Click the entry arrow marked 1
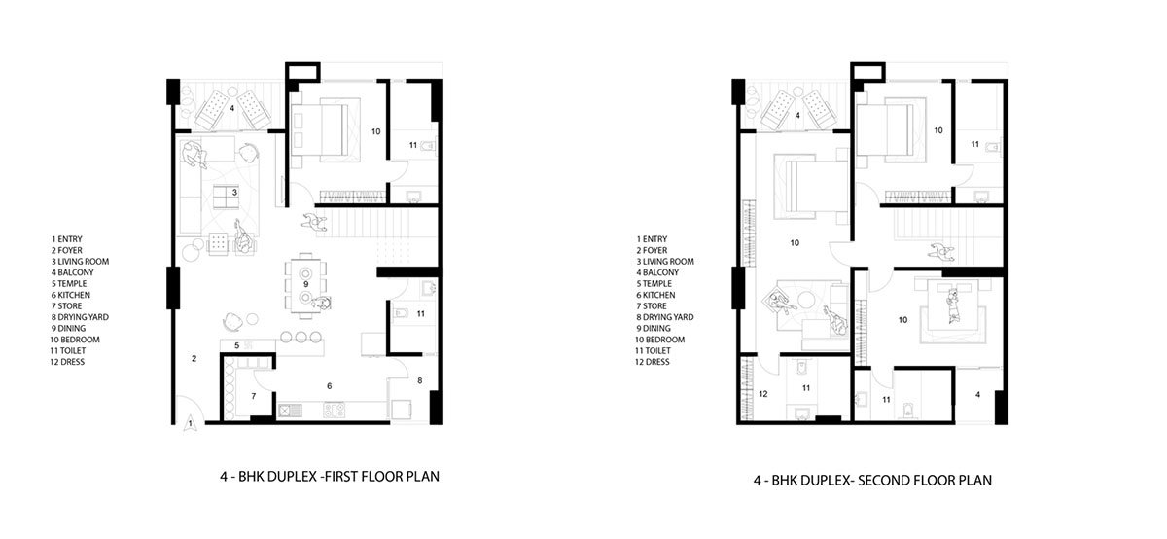tap(190, 424)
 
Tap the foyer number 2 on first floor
tap(194, 359)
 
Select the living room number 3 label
tap(234, 193)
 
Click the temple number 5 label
tap(236, 345)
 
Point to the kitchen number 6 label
tap(330, 386)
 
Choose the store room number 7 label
tap(254, 396)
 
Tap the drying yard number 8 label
tap(420, 381)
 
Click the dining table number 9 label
tap(305, 284)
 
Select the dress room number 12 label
tap(763, 394)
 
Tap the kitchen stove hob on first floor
tap(334, 410)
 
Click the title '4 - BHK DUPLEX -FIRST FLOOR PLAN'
tap(330, 477)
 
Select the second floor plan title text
tap(872, 480)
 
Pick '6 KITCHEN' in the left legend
tap(71, 295)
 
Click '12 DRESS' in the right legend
tap(653, 362)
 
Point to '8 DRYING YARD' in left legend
tap(80, 317)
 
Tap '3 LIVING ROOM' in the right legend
tap(665, 261)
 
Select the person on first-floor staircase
tap(314, 222)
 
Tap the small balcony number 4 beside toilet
tap(977, 395)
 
